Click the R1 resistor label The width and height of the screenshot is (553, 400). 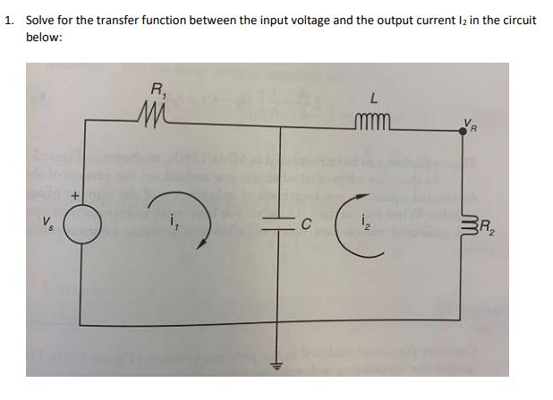click(158, 89)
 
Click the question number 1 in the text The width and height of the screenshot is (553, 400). click(10, 20)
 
